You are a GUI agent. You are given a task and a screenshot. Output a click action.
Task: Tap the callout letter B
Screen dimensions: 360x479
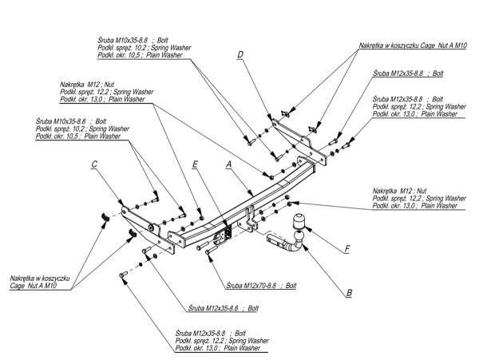point(349,293)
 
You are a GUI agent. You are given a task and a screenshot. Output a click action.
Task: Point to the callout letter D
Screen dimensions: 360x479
point(239,55)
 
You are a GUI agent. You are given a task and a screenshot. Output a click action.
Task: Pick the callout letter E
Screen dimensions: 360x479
point(194,166)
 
